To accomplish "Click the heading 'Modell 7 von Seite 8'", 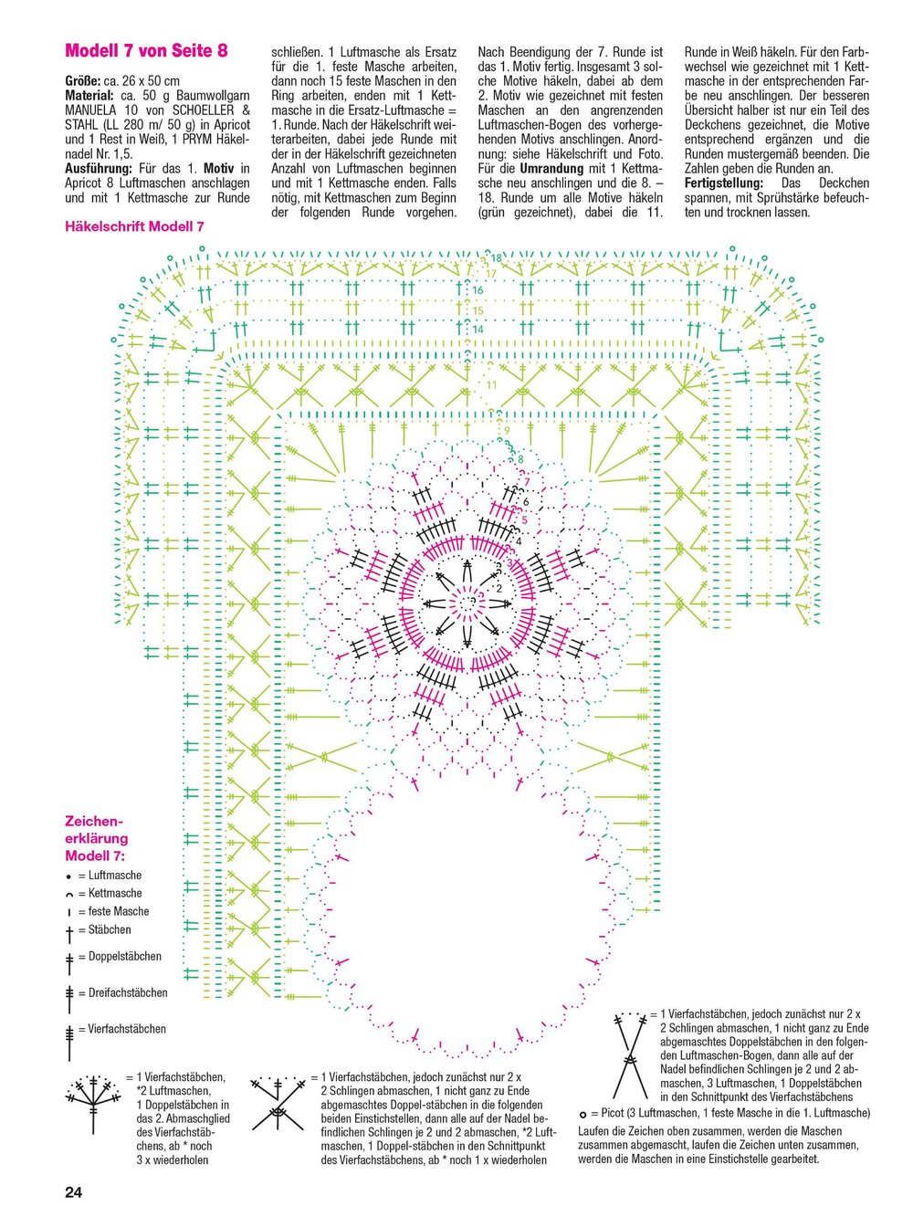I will point(146,51).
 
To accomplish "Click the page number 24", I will point(73,1192).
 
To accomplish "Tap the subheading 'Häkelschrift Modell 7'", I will point(134,226).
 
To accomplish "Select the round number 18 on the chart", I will point(496,257).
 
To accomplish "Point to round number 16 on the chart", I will point(477,290).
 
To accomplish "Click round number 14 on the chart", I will point(477,329).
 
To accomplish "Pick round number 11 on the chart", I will point(491,384).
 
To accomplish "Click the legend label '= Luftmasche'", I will point(110,875).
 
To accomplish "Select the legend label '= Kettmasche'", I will point(110,893).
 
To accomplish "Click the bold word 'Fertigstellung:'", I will point(727,183).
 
